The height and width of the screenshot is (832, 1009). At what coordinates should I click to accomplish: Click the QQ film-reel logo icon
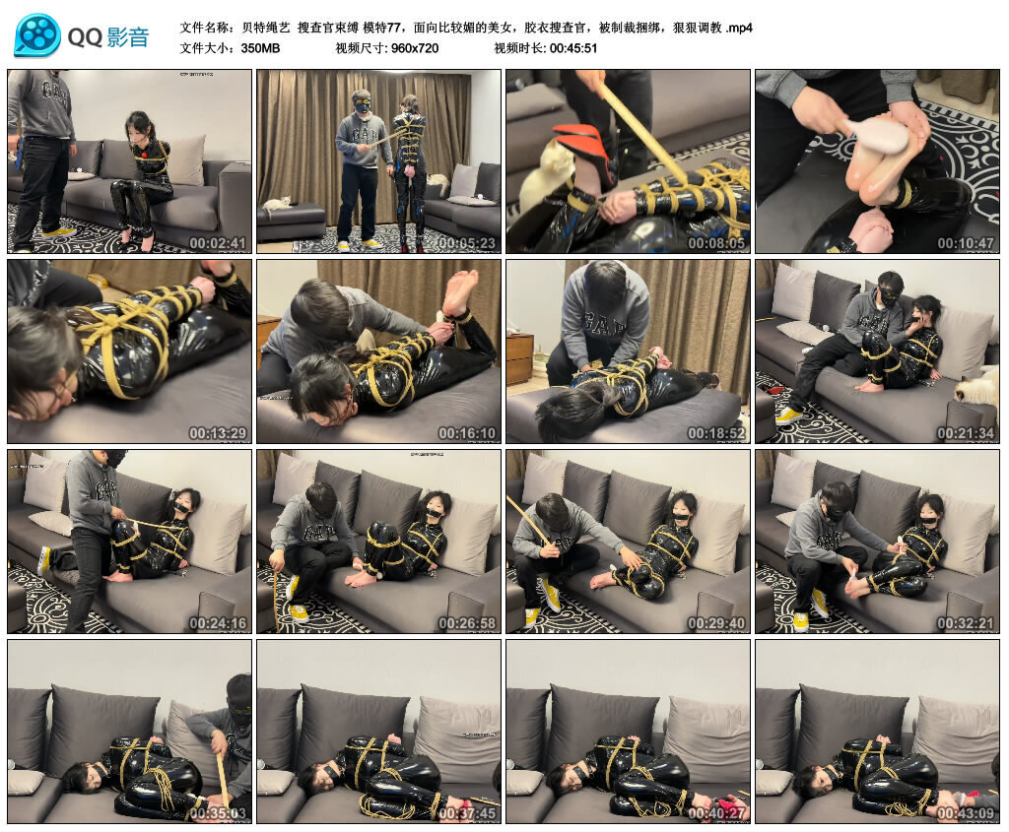37,35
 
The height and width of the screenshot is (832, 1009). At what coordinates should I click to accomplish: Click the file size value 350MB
260,47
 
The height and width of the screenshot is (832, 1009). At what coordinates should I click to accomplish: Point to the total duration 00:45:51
573,47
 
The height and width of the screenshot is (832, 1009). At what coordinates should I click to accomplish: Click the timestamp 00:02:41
217,242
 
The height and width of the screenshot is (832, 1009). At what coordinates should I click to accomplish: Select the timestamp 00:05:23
466,242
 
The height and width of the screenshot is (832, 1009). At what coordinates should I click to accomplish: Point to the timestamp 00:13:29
217,432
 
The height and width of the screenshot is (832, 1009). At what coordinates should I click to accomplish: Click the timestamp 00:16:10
466,432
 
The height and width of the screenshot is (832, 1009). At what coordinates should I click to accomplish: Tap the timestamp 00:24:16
217,622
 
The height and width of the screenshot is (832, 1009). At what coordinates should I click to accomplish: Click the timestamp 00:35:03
217,812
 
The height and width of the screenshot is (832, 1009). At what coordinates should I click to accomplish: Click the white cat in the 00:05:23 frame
278,204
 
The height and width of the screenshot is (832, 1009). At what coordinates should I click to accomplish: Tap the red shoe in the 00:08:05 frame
581,148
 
